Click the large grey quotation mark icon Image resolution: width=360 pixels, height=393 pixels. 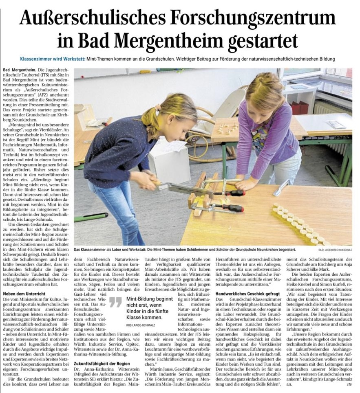(116, 302)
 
